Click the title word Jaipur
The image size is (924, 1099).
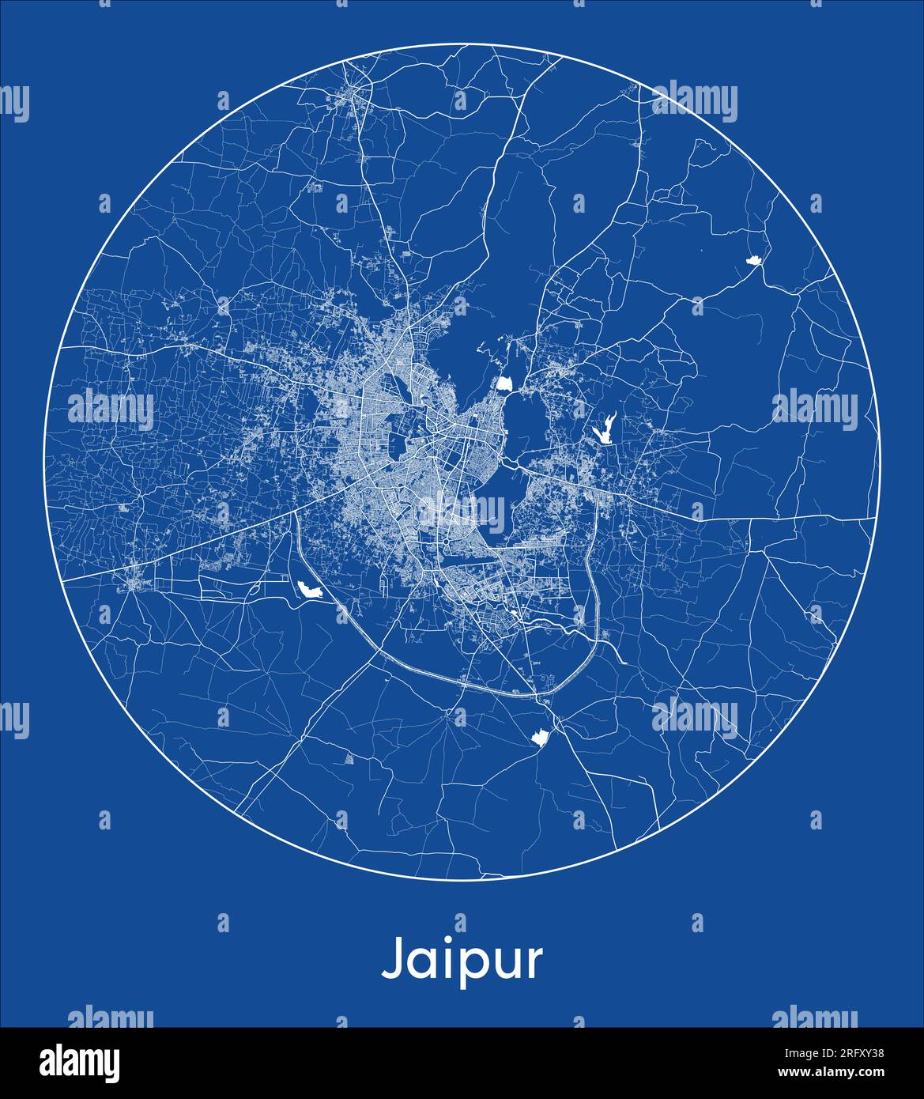tap(462, 960)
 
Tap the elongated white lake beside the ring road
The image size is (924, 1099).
tap(309, 588)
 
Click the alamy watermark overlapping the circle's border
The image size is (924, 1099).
tap(693, 102)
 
